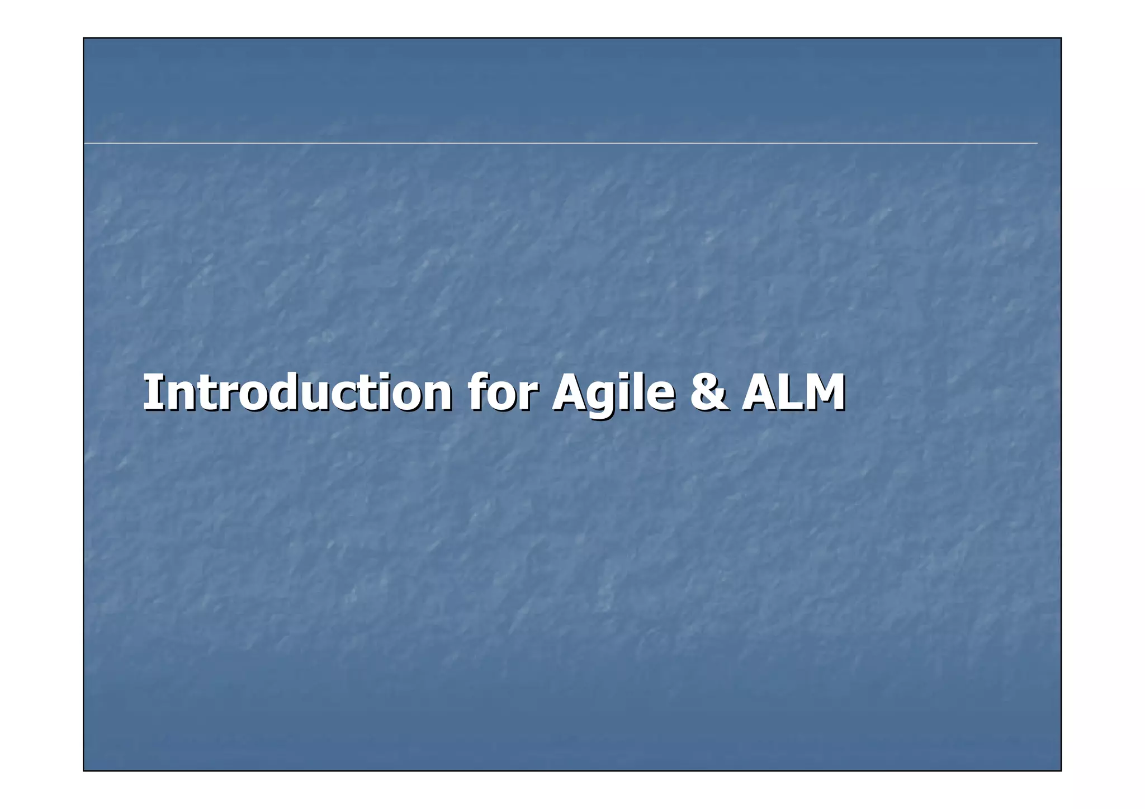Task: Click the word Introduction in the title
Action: tap(297, 392)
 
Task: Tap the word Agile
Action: tap(613, 394)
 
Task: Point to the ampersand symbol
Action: tap(709, 392)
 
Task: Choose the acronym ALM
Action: tap(793, 392)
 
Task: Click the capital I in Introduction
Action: tap(151, 392)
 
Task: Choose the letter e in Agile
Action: tap(660, 396)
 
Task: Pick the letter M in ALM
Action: tap(824, 392)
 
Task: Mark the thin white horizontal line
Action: tap(559, 144)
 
